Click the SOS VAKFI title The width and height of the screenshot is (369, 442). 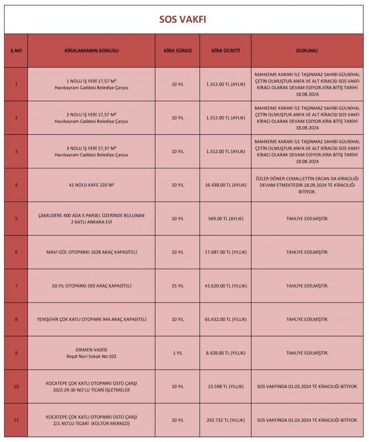tap(184, 20)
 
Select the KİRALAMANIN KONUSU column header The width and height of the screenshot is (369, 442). tap(92, 51)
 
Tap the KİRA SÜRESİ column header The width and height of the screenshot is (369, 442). tap(177, 51)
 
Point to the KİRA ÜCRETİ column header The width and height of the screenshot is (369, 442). tap(225, 51)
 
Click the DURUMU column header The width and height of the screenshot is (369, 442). tap(307, 51)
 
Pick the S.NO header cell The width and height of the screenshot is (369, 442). tap(16, 51)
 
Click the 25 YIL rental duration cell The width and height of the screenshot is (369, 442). tap(177, 286)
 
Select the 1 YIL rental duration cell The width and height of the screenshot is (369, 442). tap(177, 353)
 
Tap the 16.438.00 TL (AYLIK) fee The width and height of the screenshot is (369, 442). tap(225, 185)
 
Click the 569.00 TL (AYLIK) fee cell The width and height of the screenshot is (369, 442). tap(225, 219)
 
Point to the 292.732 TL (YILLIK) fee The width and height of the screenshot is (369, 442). tap(225, 420)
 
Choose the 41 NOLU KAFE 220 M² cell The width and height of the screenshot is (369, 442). tap(92, 185)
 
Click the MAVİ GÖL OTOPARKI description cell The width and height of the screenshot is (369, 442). tap(92, 252)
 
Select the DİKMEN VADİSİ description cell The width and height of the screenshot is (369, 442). tap(92, 353)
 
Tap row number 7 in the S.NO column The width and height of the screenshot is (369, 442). tap(16, 286)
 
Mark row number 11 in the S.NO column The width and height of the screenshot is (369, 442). tap(16, 420)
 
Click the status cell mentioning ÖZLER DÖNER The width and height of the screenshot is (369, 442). tap(307, 185)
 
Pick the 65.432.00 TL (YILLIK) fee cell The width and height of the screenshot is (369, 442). tap(225, 319)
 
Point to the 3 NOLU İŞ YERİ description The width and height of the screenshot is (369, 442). tap(92, 151)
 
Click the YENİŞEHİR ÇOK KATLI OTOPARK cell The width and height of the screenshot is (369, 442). tap(92, 319)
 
